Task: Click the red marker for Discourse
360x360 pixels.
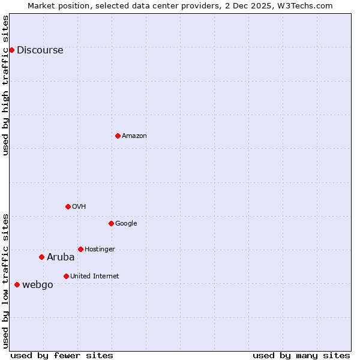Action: (11, 50)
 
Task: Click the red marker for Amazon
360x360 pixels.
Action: (118, 136)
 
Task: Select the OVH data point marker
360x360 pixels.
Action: (68, 206)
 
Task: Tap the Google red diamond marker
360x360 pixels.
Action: (111, 223)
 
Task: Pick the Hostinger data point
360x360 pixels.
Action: (80, 249)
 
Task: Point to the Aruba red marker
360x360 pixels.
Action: (41, 257)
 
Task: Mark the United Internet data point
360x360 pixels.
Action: (66, 276)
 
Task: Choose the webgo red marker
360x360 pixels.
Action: (17, 284)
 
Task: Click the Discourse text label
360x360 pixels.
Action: (40, 50)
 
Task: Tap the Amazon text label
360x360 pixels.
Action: (134, 136)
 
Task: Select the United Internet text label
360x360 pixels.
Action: (94, 276)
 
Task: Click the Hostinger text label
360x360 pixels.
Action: (100, 249)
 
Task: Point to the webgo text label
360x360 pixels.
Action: (37, 284)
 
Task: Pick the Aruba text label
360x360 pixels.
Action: (61, 257)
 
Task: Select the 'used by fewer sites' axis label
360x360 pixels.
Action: (62, 355)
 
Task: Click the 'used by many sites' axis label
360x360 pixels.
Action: (301, 355)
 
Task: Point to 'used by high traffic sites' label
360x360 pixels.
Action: (5, 85)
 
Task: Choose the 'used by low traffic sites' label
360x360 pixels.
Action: (5, 280)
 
